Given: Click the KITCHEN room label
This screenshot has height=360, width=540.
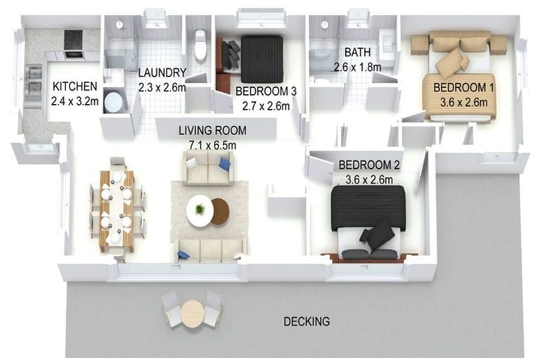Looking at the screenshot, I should click(74, 86).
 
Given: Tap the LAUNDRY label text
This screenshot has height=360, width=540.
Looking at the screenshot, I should click(162, 72).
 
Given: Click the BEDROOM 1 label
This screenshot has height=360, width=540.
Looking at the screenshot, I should click(461, 87).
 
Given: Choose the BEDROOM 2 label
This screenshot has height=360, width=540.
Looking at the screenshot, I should click(369, 165).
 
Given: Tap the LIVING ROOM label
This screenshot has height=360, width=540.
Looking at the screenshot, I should click(212, 130).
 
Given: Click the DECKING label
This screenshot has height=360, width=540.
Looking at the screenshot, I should click(306, 322).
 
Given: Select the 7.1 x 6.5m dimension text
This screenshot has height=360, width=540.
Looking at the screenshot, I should click(212, 144).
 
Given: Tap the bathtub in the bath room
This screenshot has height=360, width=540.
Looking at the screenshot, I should click(323, 54).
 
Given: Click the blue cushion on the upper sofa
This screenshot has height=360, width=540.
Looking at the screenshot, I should click(224, 164).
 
